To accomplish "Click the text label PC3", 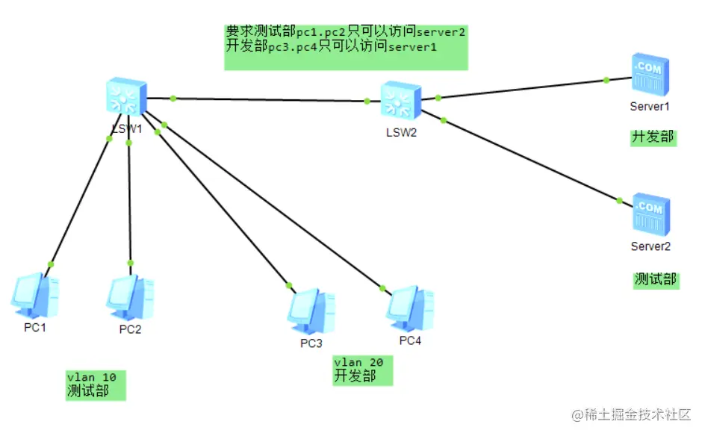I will point(311,343).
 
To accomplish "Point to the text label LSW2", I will point(401,133).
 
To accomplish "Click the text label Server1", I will point(650,107).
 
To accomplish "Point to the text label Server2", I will point(650,246).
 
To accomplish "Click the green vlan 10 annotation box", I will point(96,384).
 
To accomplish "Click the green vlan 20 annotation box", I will point(362,370).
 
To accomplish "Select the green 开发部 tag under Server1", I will point(653,137).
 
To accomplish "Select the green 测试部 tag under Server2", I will point(656,279).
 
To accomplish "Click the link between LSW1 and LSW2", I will point(269,99).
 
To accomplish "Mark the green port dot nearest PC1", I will point(51,264).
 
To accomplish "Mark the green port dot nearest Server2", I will point(619,200).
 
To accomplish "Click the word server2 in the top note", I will point(441,32).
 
